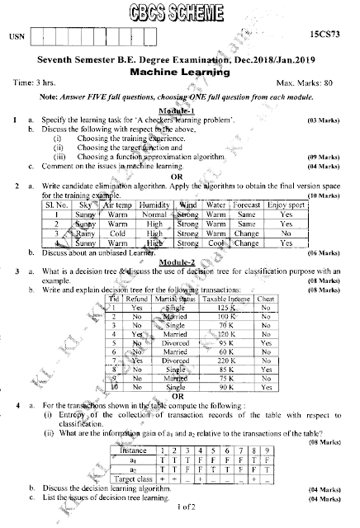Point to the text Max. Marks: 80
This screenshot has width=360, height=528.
307,84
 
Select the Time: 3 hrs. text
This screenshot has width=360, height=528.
36,84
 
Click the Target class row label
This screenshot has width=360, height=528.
132,476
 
